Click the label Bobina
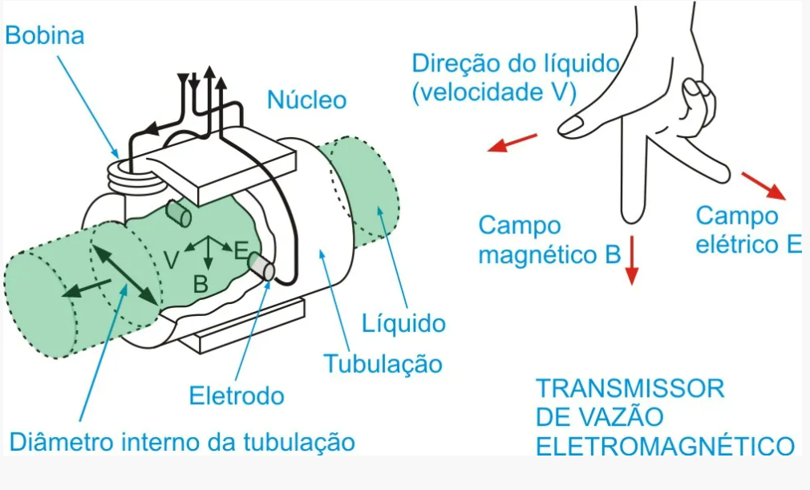point(45,36)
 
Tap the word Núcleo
point(306,100)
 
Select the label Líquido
point(403,323)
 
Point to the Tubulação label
point(383,363)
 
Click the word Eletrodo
point(237,395)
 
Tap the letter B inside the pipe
point(200,282)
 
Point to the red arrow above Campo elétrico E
point(763,184)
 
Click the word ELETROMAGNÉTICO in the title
point(665,446)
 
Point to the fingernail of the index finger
point(570,125)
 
